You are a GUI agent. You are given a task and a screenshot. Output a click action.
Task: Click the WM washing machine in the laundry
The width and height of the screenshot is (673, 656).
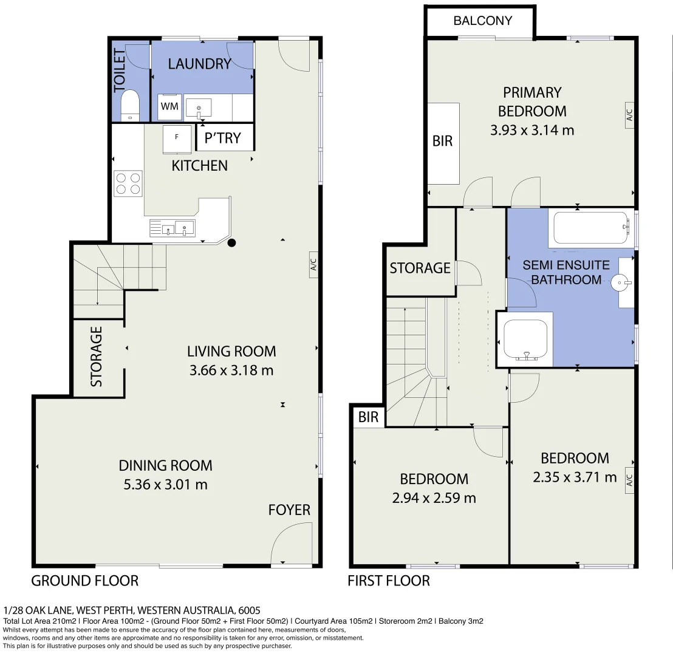tap(170, 107)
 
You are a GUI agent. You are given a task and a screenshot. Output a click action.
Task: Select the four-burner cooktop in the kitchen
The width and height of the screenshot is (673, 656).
tap(128, 183)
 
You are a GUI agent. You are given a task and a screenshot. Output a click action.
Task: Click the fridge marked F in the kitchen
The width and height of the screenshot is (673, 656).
tap(177, 138)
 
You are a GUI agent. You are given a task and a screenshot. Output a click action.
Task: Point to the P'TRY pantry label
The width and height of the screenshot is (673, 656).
tap(222, 138)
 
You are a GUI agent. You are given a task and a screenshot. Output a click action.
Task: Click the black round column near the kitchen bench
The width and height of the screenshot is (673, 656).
tap(231, 244)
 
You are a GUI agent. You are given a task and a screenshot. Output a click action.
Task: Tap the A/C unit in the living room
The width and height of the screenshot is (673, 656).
tap(313, 265)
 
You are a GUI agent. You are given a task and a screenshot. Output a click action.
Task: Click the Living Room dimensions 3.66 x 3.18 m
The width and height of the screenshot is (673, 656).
tap(231, 370)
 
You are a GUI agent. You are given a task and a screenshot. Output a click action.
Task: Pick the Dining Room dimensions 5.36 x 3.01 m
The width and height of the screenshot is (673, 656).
tap(165, 485)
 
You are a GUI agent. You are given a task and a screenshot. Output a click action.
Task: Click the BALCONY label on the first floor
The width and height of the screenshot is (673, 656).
tap(482, 21)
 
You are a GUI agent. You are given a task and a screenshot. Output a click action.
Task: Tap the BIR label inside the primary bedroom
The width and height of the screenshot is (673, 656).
tap(442, 141)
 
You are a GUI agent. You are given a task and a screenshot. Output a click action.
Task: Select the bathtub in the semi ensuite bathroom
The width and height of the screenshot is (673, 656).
tap(589, 228)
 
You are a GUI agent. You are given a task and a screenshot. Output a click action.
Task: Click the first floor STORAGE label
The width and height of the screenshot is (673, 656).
tap(420, 268)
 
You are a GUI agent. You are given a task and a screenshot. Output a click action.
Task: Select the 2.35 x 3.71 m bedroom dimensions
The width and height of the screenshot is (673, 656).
tap(574, 477)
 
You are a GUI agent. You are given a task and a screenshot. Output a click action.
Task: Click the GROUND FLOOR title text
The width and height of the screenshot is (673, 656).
tap(84, 581)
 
